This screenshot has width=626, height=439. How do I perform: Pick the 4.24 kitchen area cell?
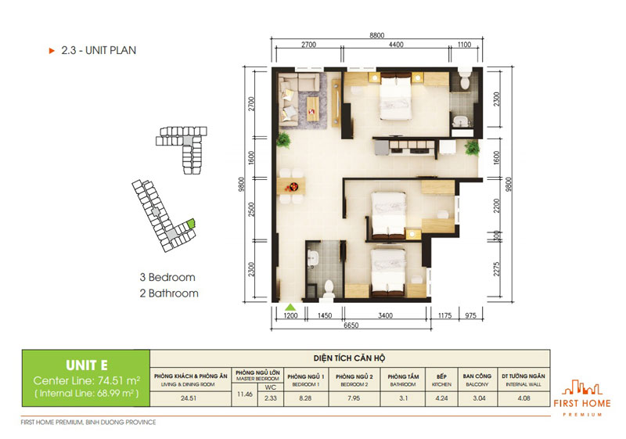tap(436, 397)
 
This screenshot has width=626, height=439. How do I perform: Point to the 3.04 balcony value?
tap(476, 397)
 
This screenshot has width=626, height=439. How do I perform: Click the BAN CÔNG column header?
tap(476, 375)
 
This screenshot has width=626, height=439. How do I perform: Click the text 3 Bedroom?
tap(167, 277)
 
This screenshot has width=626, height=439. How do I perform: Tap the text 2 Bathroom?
tap(169, 293)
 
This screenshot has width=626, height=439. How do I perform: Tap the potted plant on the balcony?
tap(472, 148)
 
